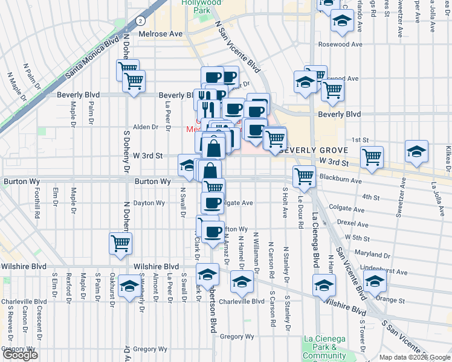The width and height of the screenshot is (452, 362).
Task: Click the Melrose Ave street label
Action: point(160,34)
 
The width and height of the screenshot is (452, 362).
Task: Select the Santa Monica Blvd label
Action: point(93,59)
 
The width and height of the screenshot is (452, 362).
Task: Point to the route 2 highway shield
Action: point(140,20)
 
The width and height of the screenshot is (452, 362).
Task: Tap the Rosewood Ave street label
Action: point(342,44)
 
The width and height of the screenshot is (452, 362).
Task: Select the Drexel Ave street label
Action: point(354,223)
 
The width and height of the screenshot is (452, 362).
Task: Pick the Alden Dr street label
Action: point(145,127)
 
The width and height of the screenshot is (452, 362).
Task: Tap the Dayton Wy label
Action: point(149,203)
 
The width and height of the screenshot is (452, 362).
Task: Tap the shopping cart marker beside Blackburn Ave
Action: point(304,176)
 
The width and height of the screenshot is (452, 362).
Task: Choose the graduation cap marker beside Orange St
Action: point(375,281)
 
